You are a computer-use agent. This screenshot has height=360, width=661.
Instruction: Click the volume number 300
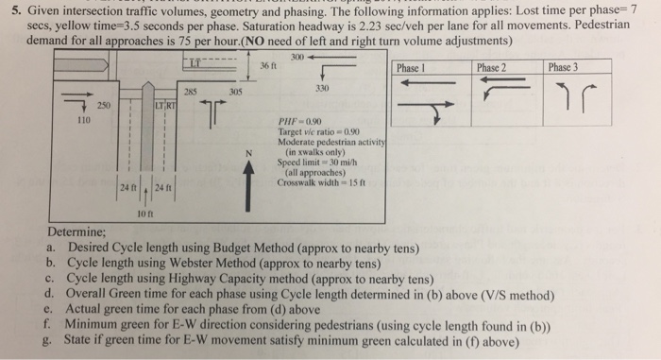tap(299, 59)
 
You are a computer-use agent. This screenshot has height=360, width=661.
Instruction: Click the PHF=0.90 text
tap(297, 122)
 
